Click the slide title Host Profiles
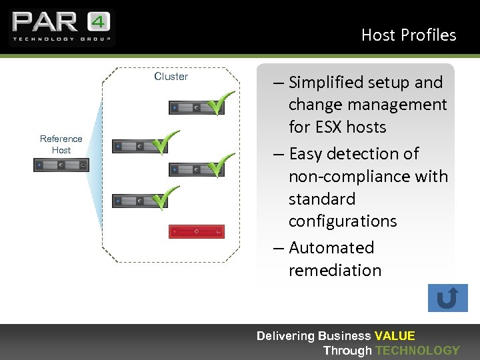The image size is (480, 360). (x=408, y=35)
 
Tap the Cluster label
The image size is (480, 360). (x=171, y=76)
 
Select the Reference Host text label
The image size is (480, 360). (x=61, y=144)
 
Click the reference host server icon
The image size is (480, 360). (x=61, y=165)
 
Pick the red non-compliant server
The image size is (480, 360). (x=196, y=231)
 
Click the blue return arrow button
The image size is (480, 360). (x=447, y=298)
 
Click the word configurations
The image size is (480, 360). (x=343, y=221)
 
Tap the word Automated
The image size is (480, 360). (x=331, y=247)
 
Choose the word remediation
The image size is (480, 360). (x=335, y=270)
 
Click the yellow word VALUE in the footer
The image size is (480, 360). (x=395, y=336)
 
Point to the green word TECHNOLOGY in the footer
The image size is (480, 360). (x=417, y=350)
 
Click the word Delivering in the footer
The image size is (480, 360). (x=285, y=336)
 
